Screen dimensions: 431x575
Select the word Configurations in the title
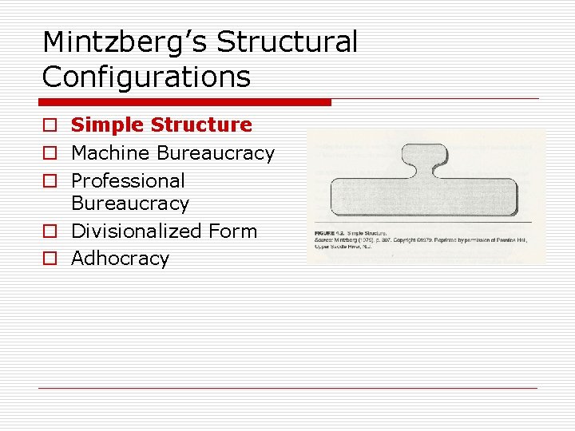point(146,77)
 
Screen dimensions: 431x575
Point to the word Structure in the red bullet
point(201,125)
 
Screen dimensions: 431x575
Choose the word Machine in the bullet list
point(111,152)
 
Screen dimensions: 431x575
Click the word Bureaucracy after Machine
point(216,152)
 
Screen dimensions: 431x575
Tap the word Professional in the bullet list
point(128,180)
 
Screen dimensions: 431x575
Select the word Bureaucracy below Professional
point(130,204)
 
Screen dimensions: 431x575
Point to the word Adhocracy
point(120,259)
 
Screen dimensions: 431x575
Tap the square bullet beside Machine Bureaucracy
point(50,153)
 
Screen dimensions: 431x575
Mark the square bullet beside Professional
point(50,181)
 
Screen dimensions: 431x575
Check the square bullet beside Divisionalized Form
point(50,232)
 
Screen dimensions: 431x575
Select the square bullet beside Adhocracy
point(50,259)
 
